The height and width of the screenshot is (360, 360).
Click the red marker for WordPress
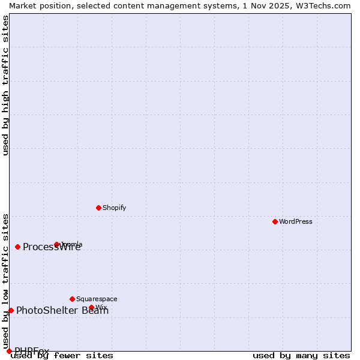[x=275, y=221]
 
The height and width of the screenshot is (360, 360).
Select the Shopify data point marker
[x=98, y=208]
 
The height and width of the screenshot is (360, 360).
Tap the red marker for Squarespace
[x=72, y=299]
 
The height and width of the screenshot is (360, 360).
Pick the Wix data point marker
[x=91, y=307]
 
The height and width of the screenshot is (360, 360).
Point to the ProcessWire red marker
[x=17, y=247]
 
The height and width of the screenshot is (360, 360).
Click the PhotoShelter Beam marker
[x=11, y=310]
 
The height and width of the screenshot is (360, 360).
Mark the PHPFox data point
[x=9, y=351]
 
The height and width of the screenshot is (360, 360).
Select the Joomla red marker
[x=56, y=244]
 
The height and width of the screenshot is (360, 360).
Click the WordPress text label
[x=296, y=221]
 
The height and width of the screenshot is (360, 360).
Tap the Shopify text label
[x=114, y=208]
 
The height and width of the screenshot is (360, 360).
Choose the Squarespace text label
[x=97, y=299]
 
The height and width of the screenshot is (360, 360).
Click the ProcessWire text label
[x=52, y=247]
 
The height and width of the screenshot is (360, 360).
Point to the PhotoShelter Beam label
[x=62, y=310]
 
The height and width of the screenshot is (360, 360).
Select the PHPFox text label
[x=32, y=351]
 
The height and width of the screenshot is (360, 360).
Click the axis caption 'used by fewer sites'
[x=62, y=355]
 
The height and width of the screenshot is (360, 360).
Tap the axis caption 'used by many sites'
[x=301, y=355]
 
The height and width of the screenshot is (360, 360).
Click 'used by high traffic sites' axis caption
[x=6, y=85]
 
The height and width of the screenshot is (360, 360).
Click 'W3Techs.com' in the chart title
[x=326, y=5]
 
